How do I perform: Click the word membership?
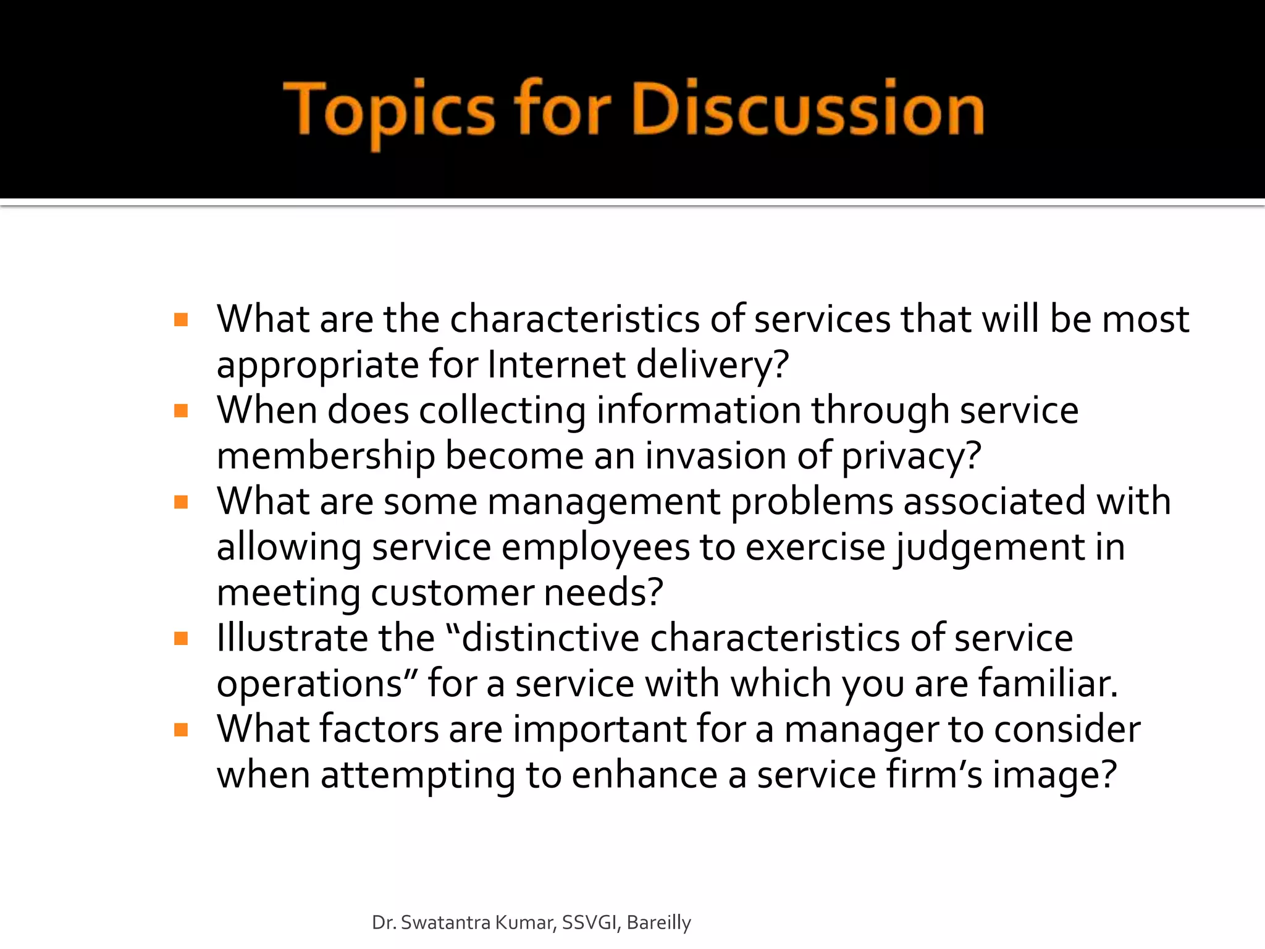326,456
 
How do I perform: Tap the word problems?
812,502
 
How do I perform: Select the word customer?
452,593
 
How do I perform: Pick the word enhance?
644,775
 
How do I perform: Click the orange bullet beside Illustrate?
181,639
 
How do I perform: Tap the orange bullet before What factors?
181,730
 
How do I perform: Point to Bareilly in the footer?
658,922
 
